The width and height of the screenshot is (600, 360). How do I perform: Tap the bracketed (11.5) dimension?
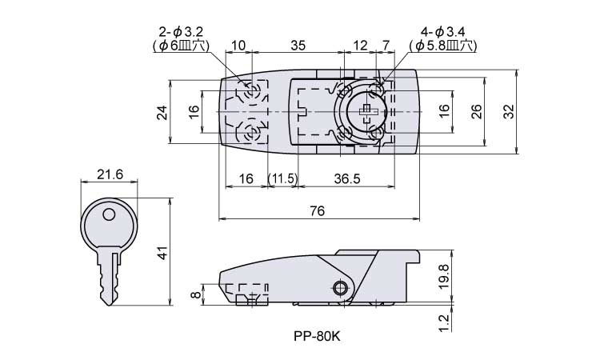click(282, 178)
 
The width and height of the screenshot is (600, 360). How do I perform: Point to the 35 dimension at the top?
click(297, 46)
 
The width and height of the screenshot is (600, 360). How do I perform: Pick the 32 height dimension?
click(508, 113)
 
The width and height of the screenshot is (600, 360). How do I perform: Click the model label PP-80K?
click(318, 336)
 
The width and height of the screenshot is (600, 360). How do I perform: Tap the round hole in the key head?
click(110, 214)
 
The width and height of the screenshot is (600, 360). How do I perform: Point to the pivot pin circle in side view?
click(342, 288)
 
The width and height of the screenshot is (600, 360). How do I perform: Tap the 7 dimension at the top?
click(387, 46)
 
